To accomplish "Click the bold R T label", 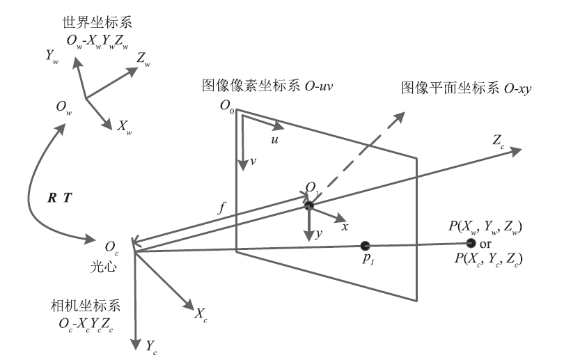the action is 58,198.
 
